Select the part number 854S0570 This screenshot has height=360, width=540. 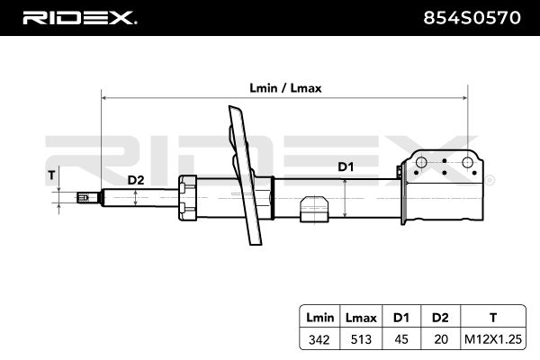point(472,18)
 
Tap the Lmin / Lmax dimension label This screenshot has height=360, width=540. point(285,88)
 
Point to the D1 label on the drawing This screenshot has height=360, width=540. point(346,166)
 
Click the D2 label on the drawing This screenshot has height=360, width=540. point(135,180)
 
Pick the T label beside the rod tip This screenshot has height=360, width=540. point(51,175)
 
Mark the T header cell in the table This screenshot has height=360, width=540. point(491,318)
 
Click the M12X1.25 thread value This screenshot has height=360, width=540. point(491,339)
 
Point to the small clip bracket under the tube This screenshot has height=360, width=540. point(312,208)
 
